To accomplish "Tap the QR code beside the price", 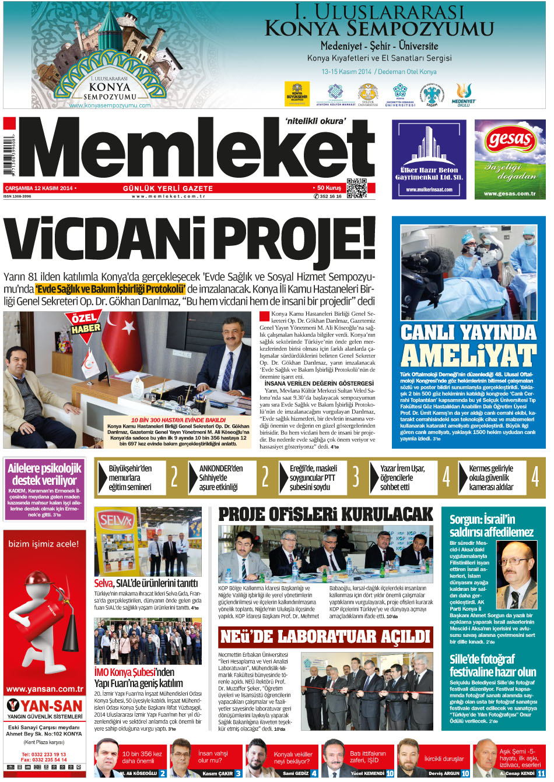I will (356, 188).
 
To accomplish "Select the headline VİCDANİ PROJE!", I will (190, 239).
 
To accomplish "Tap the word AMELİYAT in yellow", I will (468, 355).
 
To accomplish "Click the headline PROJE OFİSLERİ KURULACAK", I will (325, 514).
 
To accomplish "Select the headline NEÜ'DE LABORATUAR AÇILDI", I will (325, 637).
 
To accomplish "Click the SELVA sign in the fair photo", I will (117, 519).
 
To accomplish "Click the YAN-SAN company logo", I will (44, 706).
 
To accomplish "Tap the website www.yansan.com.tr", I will (44, 689).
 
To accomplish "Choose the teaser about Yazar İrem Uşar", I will (403, 477).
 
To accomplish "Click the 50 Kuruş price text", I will (329, 188).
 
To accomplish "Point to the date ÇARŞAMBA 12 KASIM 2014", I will (38, 188).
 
